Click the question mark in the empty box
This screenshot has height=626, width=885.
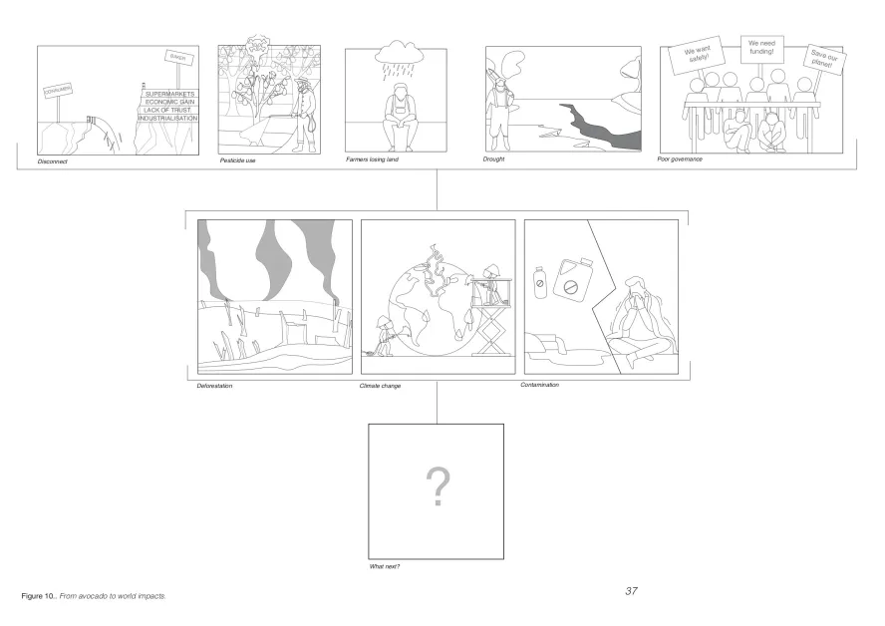[437, 487]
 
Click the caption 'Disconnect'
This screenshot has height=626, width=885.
[52, 161]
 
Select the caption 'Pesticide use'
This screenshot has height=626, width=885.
[238, 159]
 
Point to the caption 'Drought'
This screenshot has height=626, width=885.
[495, 159]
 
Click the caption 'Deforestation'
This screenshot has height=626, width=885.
[214, 385]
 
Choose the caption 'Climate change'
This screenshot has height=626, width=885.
[380, 385]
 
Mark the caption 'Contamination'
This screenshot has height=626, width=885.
[540, 384]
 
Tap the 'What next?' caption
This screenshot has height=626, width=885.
[385, 567]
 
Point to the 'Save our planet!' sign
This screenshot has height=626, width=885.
[824, 61]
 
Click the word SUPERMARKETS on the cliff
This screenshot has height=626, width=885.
[169, 94]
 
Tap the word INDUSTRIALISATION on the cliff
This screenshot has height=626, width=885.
[167, 119]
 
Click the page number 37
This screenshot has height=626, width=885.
[631, 591]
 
